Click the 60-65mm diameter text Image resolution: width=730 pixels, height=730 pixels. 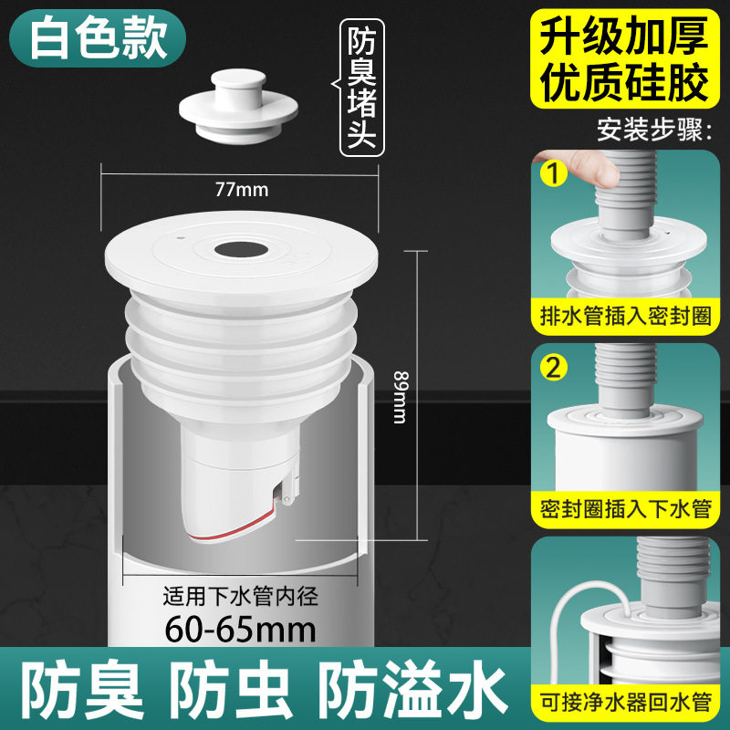(241, 629)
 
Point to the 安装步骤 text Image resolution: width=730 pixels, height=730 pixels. (652, 129)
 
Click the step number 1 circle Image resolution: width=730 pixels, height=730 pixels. (550, 171)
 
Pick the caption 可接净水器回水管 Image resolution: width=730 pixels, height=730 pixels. (624, 704)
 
